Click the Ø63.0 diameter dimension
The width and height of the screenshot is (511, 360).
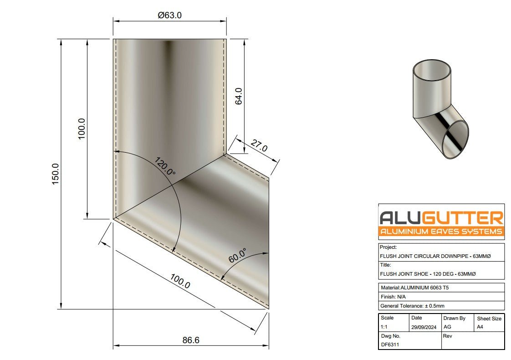pyautogui.click(x=170, y=15)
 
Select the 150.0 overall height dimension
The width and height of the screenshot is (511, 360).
pyautogui.click(x=56, y=174)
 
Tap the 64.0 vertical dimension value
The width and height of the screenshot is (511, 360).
pyautogui.click(x=238, y=96)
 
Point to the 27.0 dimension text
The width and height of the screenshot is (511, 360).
pyautogui.click(x=258, y=146)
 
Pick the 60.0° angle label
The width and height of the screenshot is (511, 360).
pyautogui.click(x=238, y=256)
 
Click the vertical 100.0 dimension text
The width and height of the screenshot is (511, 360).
pyautogui.click(x=82, y=129)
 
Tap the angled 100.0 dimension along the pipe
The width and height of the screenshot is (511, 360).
pyautogui.click(x=180, y=281)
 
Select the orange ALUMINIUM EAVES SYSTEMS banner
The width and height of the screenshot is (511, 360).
pyautogui.click(x=441, y=232)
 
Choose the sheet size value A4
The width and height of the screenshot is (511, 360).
pyautogui.click(x=480, y=327)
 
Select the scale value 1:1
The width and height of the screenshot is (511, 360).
pyautogui.click(x=385, y=327)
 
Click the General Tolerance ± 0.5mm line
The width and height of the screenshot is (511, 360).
pyautogui.click(x=412, y=306)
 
